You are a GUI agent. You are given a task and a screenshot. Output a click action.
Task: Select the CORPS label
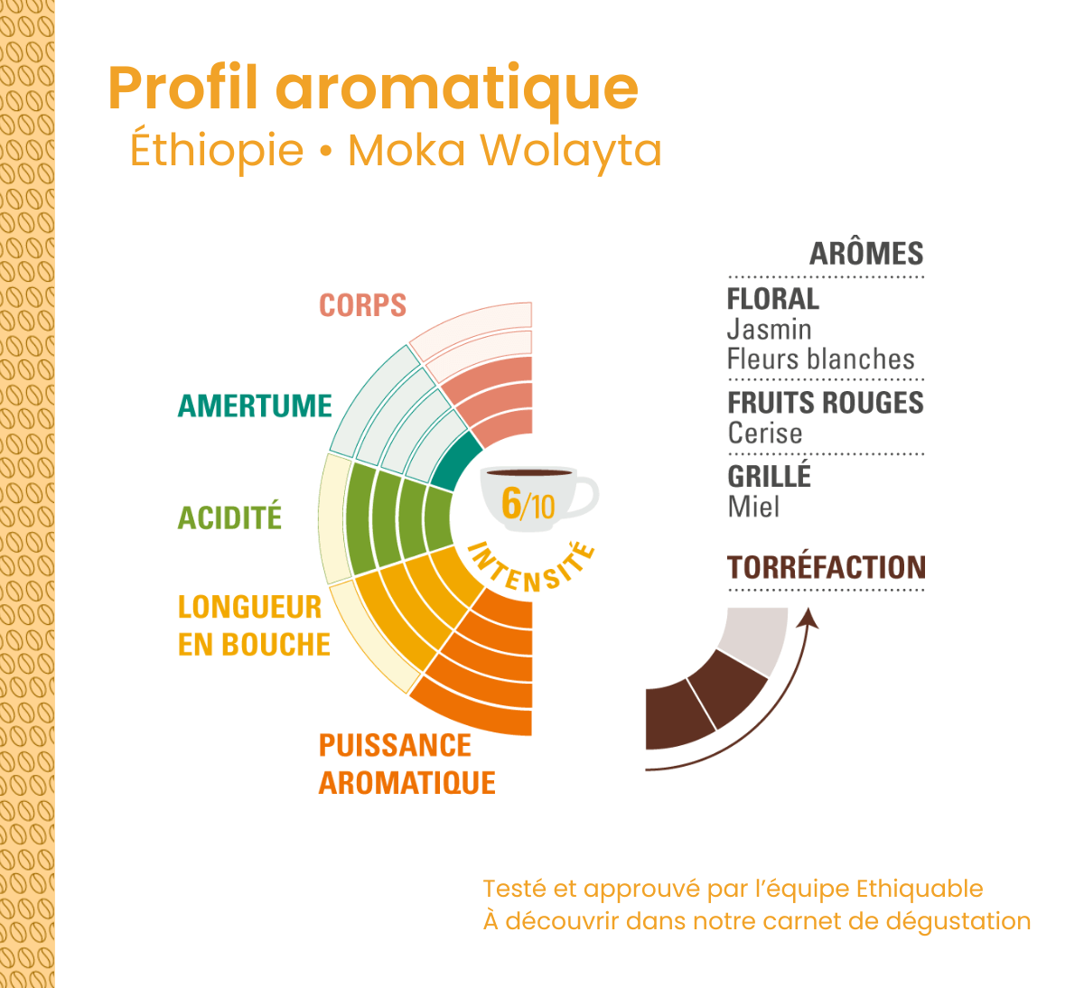click(362, 305)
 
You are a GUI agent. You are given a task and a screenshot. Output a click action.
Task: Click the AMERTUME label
click(255, 405)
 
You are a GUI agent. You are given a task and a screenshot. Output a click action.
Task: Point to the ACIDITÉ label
click(229, 517)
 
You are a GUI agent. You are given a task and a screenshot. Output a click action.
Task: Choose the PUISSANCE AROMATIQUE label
click(406, 764)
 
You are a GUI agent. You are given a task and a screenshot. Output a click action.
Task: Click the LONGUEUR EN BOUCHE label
click(254, 625)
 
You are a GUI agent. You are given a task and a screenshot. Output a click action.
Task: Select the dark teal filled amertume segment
click(453, 462)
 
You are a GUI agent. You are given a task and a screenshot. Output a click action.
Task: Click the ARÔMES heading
click(866, 254)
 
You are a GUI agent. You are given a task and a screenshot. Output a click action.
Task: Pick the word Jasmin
click(769, 329)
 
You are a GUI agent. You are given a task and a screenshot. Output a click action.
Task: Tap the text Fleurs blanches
click(821, 359)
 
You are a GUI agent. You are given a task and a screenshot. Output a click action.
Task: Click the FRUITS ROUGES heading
click(826, 403)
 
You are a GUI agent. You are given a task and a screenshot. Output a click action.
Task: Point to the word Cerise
click(764, 433)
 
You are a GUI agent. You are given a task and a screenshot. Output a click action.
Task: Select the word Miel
click(753, 507)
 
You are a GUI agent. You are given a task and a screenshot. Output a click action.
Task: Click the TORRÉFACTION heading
click(827, 567)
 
